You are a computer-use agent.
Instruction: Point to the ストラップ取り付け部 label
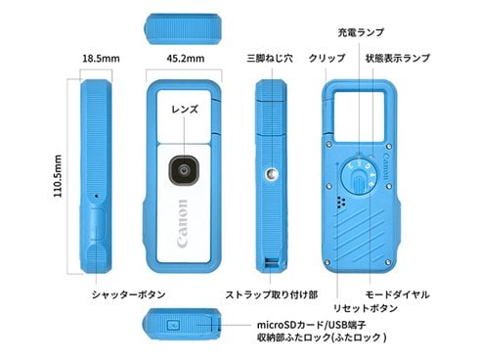[265, 293]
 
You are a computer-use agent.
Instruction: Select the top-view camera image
[185, 28]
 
